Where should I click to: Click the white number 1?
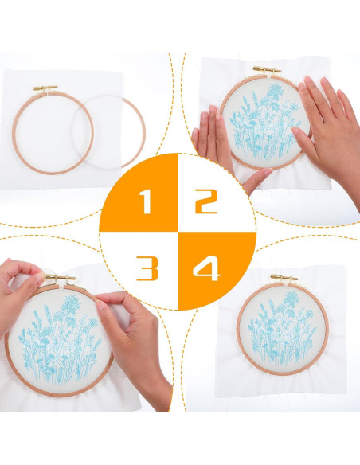pyautogui.click(x=146, y=203)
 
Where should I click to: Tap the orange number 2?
pyautogui.click(x=206, y=202)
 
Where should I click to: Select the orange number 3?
pyautogui.click(x=147, y=268)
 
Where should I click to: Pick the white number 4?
pyautogui.click(x=206, y=268)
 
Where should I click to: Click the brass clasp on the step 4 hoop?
pyautogui.click(x=283, y=277)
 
